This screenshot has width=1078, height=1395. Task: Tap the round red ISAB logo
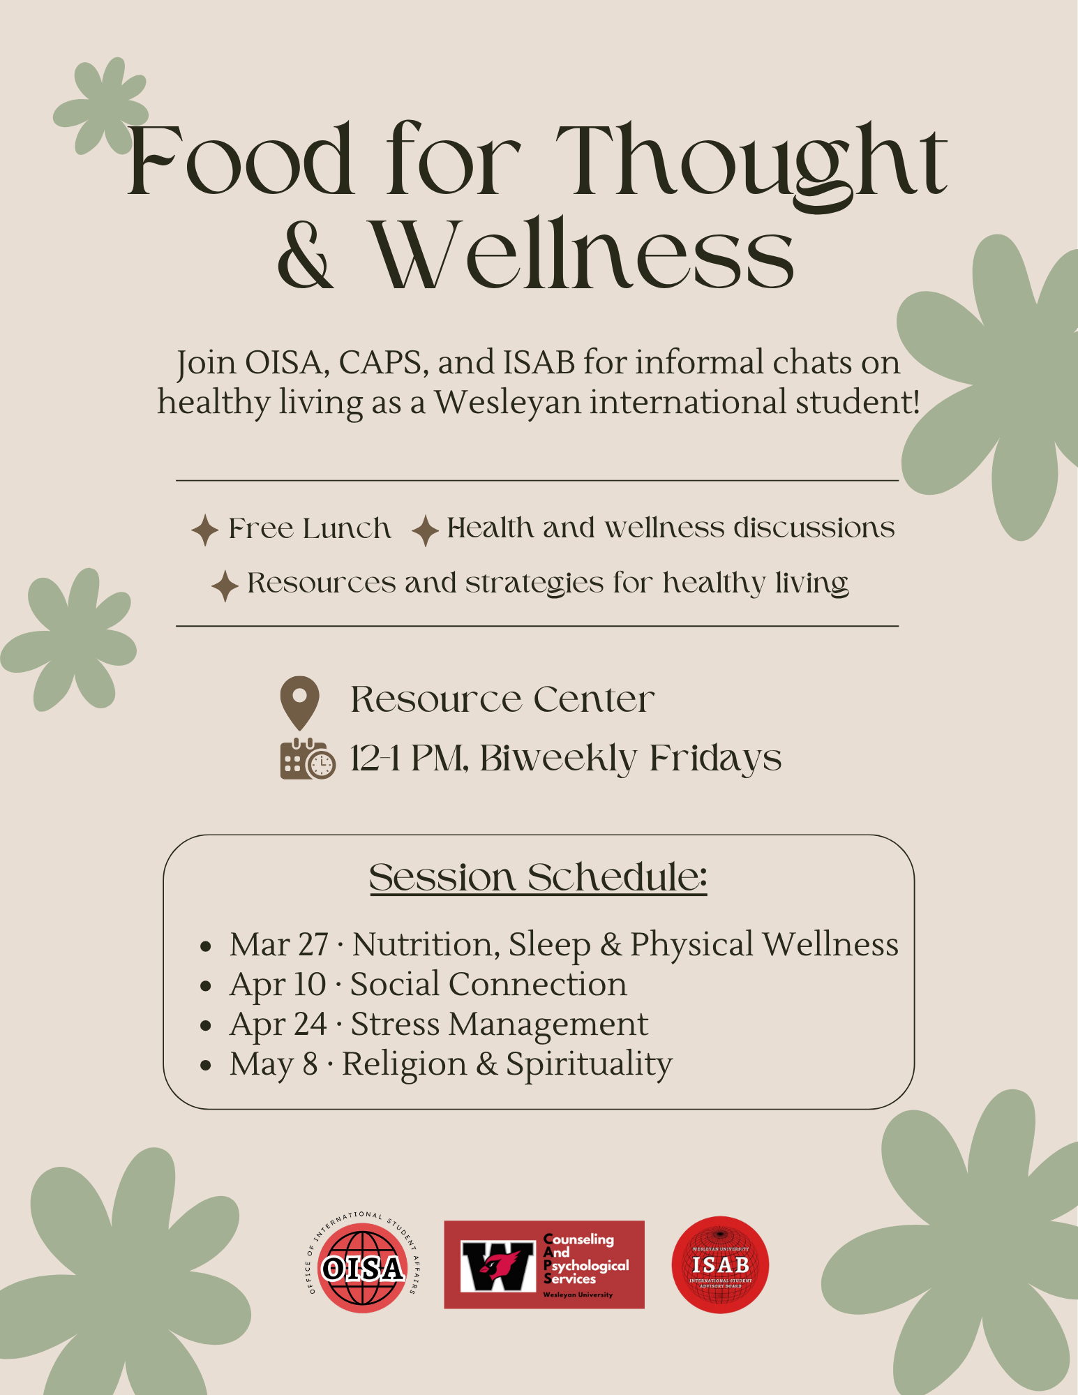tap(720, 1265)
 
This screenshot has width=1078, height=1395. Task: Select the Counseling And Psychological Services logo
tap(544, 1265)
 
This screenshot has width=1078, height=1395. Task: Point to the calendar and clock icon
tap(307, 759)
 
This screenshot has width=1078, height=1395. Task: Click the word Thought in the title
tap(759, 163)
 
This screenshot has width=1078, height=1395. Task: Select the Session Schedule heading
tap(538, 877)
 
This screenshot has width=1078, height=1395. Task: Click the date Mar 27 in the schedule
tap(279, 944)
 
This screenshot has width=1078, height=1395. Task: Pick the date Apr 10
tap(278, 985)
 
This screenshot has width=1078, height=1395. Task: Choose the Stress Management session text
tap(500, 1024)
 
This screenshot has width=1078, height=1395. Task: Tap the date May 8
tap(274, 1064)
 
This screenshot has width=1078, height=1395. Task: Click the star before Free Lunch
tap(205, 530)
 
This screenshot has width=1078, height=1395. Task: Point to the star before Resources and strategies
tap(225, 585)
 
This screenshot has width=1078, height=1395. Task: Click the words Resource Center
tap(502, 699)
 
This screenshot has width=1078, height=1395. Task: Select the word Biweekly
tap(557, 759)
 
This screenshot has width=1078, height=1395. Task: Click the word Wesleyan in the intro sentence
tap(508, 403)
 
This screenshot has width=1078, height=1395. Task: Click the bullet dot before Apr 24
tap(205, 1026)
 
